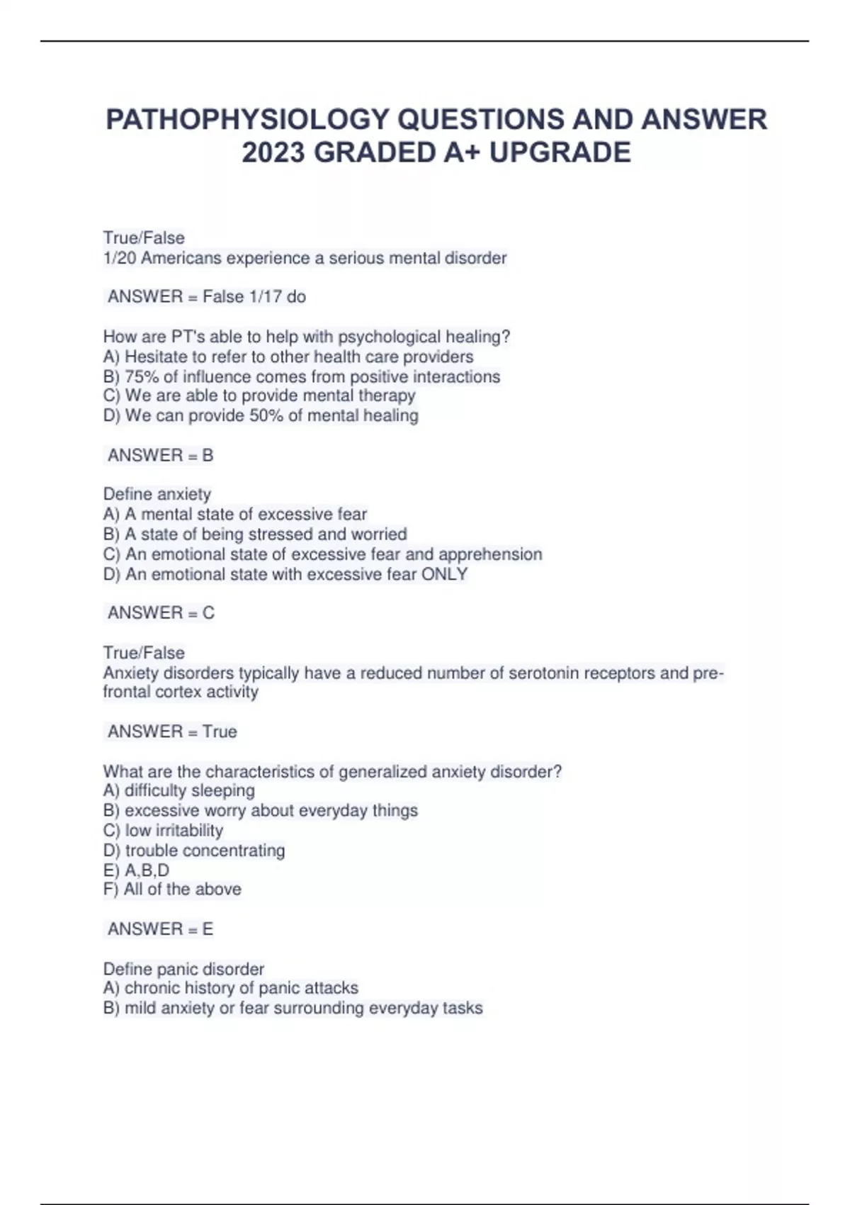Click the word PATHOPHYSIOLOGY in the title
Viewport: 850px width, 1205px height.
click(248, 119)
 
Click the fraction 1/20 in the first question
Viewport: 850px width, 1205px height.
click(120, 258)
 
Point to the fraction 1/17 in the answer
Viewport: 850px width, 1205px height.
click(263, 296)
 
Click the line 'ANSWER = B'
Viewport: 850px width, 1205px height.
click(160, 455)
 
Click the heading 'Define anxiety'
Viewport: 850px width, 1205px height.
click(157, 494)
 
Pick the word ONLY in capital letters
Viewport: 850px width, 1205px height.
click(445, 574)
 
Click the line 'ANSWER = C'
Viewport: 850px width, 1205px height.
click(161, 612)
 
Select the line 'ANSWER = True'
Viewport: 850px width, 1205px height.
click(172, 732)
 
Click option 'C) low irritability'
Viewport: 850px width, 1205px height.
click(163, 830)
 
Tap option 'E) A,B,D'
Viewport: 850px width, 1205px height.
click(136, 870)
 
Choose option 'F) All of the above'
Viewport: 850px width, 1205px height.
click(172, 889)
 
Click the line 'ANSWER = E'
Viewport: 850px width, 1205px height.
click(160, 929)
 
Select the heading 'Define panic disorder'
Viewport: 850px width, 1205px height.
click(183, 969)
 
